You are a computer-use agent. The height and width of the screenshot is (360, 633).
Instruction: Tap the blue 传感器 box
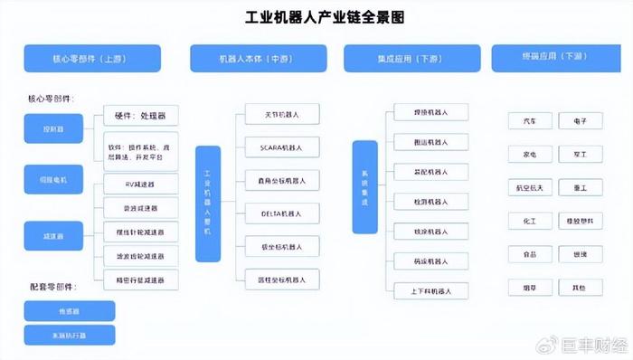(70, 311)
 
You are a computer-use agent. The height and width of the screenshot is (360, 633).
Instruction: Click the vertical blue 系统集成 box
(364, 187)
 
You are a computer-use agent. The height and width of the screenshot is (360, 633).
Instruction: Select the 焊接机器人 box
(430, 112)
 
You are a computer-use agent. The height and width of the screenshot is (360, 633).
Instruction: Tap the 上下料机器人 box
(430, 290)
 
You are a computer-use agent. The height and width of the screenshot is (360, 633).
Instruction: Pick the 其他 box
(579, 287)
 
